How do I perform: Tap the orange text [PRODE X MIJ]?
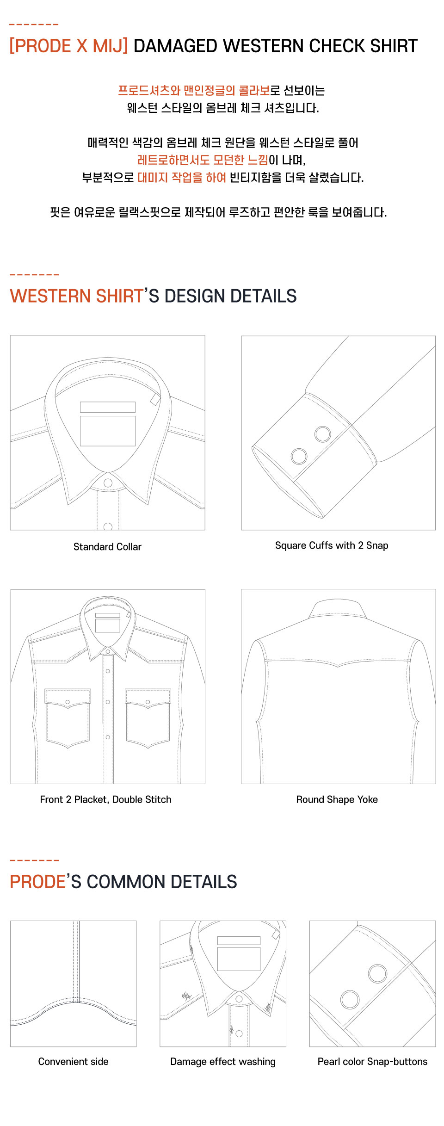(x=68, y=46)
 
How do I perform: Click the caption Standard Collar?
(x=107, y=547)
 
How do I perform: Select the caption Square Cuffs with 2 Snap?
(x=332, y=545)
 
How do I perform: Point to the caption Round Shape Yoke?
(x=337, y=799)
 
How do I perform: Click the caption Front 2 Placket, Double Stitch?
(x=105, y=799)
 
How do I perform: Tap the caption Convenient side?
(x=73, y=1062)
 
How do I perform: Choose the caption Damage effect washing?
(x=222, y=1062)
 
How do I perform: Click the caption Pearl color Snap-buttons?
(x=372, y=1062)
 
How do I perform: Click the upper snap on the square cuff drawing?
(x=322, y=434)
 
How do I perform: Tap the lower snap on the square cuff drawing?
(x=299, y=456)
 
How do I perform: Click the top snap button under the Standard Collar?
(x=108, y=483)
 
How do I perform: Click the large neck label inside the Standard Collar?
(x=108, y=431)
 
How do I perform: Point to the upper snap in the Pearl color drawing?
(x=377, y=974)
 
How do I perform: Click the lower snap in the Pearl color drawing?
(x=350, y=999)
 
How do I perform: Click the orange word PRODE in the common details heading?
(x=37, y=882)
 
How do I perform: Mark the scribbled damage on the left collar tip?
(x=186, y=995)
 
